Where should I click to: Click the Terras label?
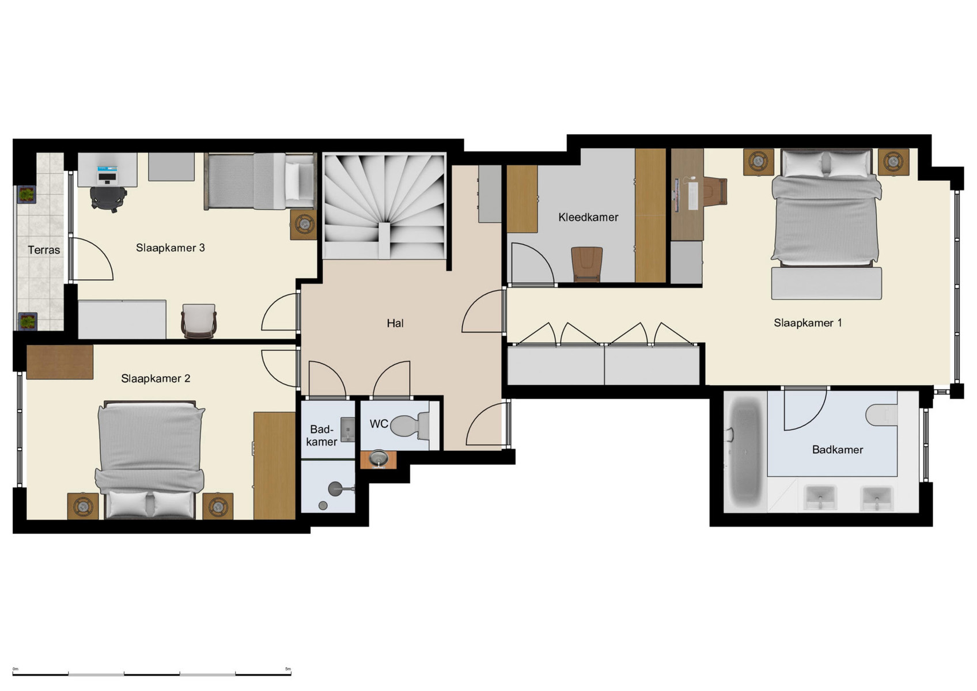click(44, 250)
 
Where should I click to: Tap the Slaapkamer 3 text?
click(170, 248)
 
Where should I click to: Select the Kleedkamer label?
click(588, 217)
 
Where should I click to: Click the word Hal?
click(395, 323)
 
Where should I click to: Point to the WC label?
click(378, 424)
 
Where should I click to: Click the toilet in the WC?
click(409, 426)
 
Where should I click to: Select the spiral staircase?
click(384, 206)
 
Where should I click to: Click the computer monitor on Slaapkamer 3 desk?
click(107, 171)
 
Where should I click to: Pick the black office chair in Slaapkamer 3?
click(108, 199)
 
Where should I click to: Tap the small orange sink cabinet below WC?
click(378, 459)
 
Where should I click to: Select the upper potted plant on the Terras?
click(26, 195)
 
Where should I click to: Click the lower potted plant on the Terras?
click(27, 321)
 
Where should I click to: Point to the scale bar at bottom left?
click(152, 673)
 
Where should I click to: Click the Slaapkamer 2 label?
click(155, 378)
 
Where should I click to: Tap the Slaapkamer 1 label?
click(807, 322)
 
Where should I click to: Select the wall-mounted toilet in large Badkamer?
click(881, 414)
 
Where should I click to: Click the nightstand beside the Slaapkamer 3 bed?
click(303, 224)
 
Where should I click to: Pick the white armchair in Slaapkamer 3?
click(199, 320)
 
